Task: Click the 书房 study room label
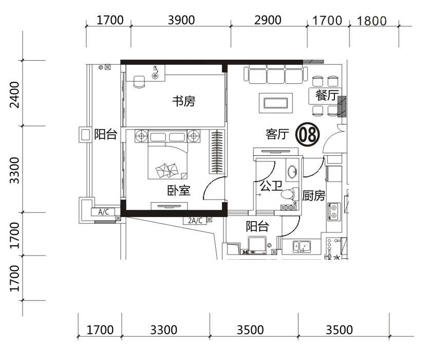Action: pos(184,101)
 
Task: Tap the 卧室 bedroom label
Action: pos(179,190)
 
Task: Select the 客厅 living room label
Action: pos(277,134)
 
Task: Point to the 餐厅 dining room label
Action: pos(327,95)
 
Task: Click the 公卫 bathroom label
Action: pos(271,186)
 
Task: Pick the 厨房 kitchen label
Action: pos(314,195)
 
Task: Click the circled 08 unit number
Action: pos(308,134)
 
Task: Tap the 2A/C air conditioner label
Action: pos(195,221)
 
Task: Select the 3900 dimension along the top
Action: pos(181,20)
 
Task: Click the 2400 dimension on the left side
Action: pos(14,95)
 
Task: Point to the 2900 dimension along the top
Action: pos(268,20)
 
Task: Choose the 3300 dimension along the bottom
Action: pos(164,330)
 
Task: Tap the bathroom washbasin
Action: pos(293,172)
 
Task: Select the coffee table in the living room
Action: pos(276,103)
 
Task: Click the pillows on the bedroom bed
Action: pos(167,171)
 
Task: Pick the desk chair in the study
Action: pos(139,82)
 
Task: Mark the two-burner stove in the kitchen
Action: pos(334,211)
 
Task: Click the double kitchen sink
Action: pos(302,246)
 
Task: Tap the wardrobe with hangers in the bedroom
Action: pos(217,152)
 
